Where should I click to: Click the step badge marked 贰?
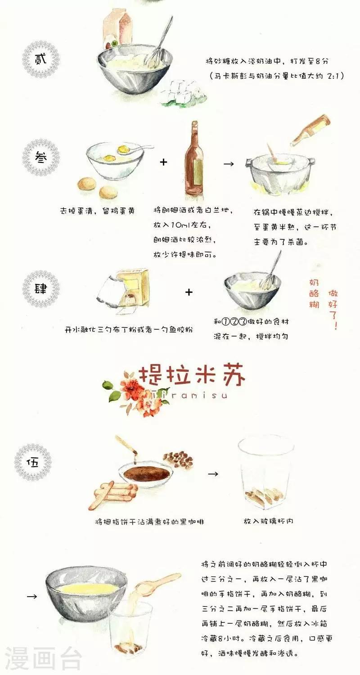click(x=41, y=59)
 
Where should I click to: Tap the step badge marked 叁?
click(x=41, y=157)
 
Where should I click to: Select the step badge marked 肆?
click(x=41, y=289)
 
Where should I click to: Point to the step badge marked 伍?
click(x=33, y=462)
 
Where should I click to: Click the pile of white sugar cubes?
click(x=181, y=92)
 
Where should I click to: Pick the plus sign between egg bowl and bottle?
click(x=163, y=162)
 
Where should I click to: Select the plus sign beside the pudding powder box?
click(x=189, y=292)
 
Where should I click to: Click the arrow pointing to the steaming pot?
click(x=229, y=164)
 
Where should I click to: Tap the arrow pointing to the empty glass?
click(x=213, y=474)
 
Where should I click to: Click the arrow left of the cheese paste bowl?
click(x=32, y=596)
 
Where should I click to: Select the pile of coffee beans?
click(x=178, y=460)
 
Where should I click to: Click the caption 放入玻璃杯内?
click(x=268, y=521)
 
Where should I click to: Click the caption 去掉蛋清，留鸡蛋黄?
click(x=97, y=211)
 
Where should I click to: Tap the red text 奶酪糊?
click(x=314, y=293)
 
